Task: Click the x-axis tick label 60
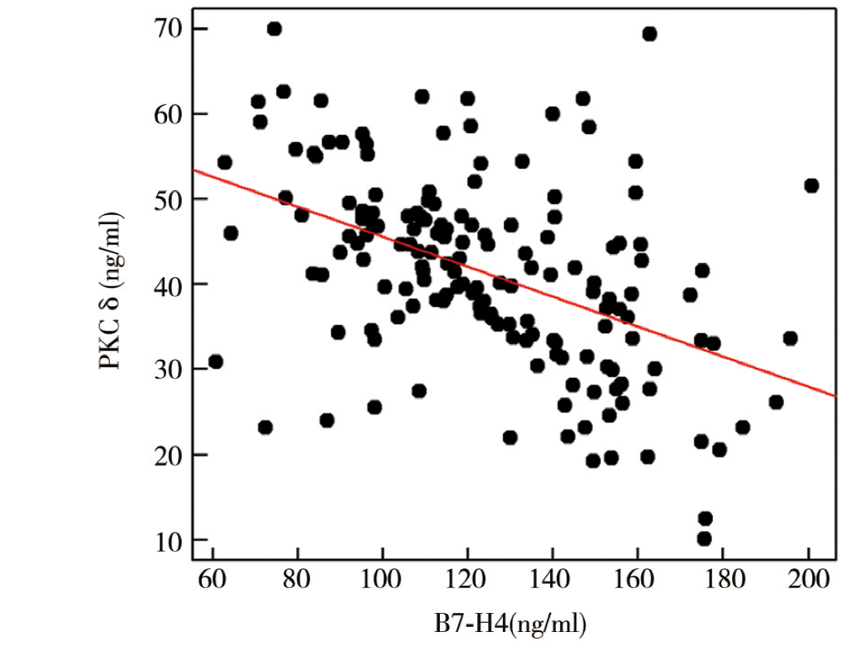(213, 580)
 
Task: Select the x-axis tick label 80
(298, 580)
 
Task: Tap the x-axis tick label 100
(382, 580)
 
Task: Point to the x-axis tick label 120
(467, 580)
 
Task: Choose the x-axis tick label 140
(553, 580)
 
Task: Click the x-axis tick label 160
(637, 580)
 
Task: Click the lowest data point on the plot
(705, 538)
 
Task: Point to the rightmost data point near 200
(811, 185)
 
